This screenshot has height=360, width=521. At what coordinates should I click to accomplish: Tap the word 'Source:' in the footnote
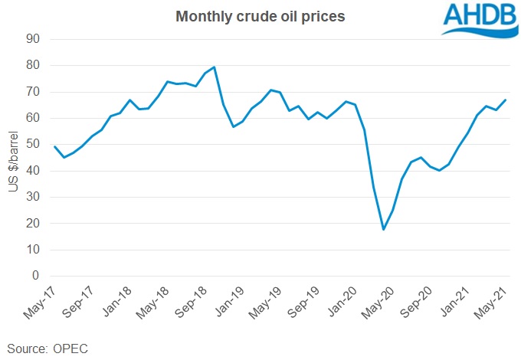26,349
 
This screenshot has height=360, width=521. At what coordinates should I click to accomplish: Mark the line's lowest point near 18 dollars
383,229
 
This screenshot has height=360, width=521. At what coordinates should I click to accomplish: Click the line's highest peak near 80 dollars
214,67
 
